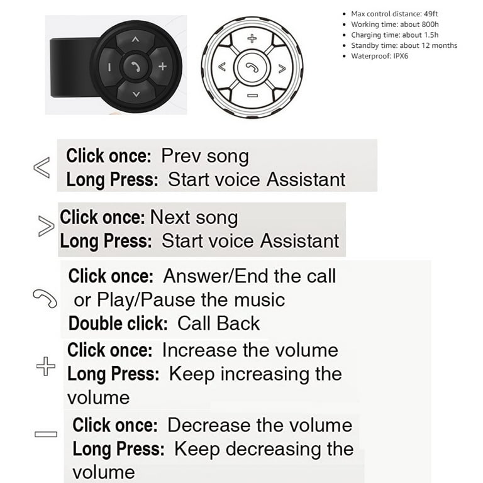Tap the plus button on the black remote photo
tap(162, 66)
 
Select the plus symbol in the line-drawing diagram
tap(252, 38)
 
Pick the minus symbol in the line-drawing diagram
tap(252, 95)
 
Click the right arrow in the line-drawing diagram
tap(282, 66)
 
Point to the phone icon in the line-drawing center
tap(252, 66)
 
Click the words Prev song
tap(204, 156)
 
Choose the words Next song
tap(194, 218)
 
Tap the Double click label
tap(118, 323)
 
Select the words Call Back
tap(218, 323)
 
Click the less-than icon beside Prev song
tap(42, 168)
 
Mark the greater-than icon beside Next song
tap(45, 226)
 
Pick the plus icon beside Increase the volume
tap(45, 366)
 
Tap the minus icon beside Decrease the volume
tap(45, 433)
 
